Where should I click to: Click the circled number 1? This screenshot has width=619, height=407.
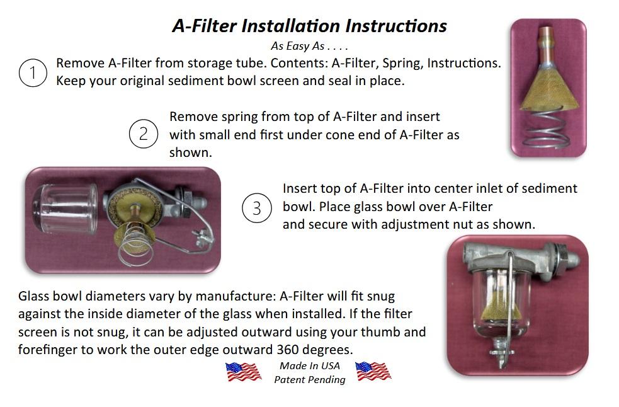point(33,72)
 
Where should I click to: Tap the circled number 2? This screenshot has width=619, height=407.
point(144,134)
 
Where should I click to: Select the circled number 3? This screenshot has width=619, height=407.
point(256,207)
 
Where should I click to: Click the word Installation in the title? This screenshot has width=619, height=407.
point(290,26)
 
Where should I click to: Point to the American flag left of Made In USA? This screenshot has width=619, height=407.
point(243,372)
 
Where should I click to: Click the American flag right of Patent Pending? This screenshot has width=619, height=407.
point(373,371)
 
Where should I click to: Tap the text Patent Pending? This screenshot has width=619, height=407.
point(310,380)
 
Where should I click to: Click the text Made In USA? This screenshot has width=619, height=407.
point(310,366)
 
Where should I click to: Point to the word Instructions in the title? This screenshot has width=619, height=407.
point(396,26)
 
